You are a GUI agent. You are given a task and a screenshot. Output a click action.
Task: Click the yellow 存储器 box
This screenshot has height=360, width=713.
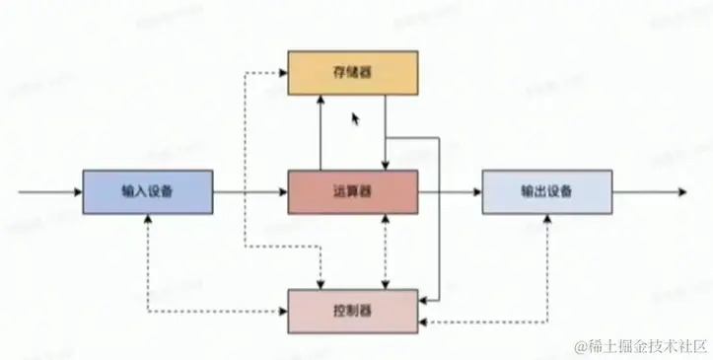click(x=352, y=74)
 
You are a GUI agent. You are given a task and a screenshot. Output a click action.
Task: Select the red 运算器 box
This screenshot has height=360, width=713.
click(x=352, y=191)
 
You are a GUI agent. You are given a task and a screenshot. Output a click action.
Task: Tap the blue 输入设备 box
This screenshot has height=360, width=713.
click(x=147, y=191)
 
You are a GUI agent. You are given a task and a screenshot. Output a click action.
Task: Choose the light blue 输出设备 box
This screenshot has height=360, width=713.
click(x=545, y=191)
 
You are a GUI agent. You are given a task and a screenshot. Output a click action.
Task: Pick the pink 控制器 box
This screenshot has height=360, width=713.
click(x=352, y=311)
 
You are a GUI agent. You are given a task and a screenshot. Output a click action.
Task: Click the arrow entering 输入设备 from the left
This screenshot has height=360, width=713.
click(x=49, y=191)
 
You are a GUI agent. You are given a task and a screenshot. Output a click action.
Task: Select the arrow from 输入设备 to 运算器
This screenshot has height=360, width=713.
click(x=250, y=191)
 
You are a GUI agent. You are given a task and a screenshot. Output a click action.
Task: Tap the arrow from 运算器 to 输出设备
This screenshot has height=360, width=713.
click(x=450, y=191)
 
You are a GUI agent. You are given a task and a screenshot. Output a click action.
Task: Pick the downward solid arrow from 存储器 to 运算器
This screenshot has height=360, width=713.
click(x=384, y=133)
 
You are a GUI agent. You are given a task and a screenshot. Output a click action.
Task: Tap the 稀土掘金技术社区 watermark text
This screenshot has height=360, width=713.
click(x=646, y=345)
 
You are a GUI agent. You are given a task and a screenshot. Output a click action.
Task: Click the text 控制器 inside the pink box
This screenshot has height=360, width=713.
click(x=352, y=311)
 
